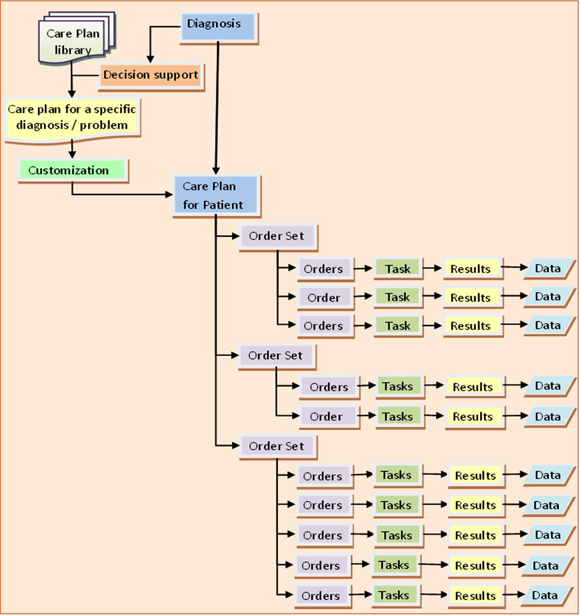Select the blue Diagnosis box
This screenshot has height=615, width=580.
pos(218,27)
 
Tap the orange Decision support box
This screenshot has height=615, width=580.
pos(150,75)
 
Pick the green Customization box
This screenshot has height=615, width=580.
pos(72,170)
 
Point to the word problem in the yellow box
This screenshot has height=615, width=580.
pos(104,126)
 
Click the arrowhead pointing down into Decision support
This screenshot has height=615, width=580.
pos(150,59)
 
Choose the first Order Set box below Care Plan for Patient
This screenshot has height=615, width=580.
pos(277,237)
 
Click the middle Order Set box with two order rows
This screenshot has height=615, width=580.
pos(276,356)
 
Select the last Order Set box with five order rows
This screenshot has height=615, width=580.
pos(277,446)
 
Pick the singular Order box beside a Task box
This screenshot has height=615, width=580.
pos(325,298)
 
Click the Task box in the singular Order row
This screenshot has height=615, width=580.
pos(397,297)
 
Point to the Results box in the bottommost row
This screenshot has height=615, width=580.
pos(475,596)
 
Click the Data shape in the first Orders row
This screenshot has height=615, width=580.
pos(548,268)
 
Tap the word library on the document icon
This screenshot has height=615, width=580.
pos(73,50)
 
